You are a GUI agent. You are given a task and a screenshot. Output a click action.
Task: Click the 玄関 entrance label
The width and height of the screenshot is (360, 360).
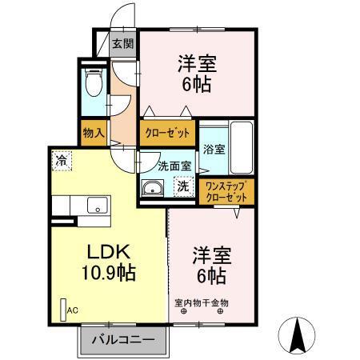(122, 44)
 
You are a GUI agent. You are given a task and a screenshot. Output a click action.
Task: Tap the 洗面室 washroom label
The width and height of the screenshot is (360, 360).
(174, 166)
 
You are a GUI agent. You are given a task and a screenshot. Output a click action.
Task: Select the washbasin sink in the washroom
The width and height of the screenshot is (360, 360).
(151, 189)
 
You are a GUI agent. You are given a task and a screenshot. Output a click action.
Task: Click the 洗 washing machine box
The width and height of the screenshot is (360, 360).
(183, 187)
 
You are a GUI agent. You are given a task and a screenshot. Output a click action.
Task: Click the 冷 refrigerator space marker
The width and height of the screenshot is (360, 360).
(62, 159)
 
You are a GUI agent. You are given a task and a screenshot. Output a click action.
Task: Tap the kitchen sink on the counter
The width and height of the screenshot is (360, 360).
(98, 208)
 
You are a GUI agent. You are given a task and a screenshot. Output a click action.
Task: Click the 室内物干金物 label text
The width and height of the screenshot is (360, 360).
(202, 302)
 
